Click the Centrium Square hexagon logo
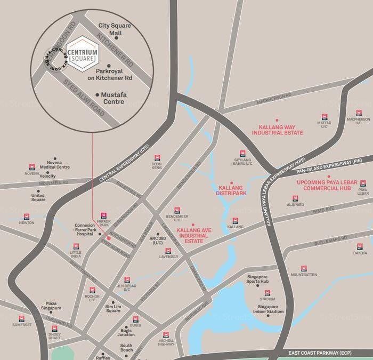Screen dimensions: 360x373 85,53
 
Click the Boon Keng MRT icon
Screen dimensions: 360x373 157,158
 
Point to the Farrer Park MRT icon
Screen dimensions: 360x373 103,214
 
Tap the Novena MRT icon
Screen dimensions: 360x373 32,166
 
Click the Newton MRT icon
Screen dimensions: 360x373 27,217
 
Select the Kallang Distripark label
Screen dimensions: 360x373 233,191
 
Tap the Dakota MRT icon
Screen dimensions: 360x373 360,246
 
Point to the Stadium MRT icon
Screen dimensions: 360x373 267,293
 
